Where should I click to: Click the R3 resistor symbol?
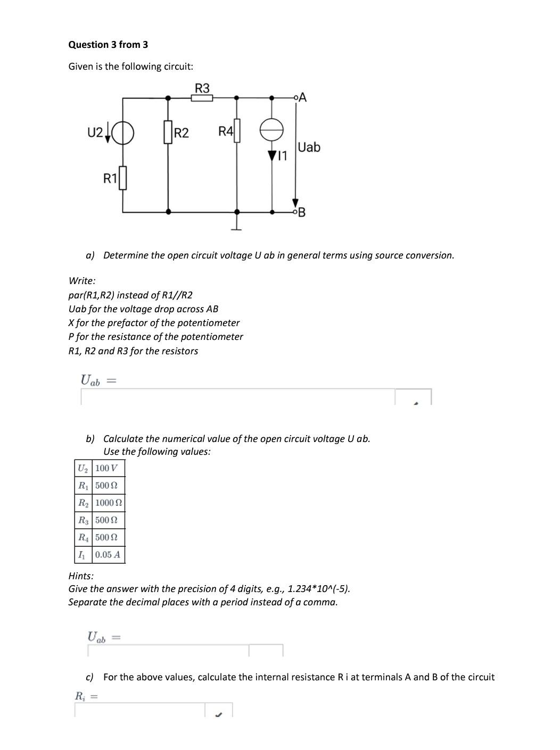[202, 98]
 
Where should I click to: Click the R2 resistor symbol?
[169, 132]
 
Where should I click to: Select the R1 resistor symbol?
[123, 178]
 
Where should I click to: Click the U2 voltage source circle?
[123, 132]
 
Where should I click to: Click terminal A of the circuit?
[296, 98]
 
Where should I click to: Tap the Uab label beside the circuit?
[309, 147]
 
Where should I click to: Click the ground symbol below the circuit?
[237, 228]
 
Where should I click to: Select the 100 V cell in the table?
[109, 468]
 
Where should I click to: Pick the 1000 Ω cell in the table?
[109, 503]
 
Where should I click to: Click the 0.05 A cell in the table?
[109, 554]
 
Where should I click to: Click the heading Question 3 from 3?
[108, 45]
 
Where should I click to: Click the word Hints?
[81, 576]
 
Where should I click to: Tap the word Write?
[82, 280]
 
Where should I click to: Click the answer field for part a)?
[237, 397]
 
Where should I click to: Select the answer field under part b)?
[168, 651]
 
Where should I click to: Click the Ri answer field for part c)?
[139, 710]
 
